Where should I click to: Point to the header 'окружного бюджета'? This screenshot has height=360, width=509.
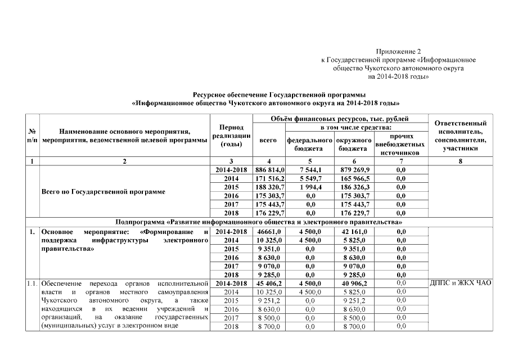point(354,144)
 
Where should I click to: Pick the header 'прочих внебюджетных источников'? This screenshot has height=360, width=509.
point(400,144)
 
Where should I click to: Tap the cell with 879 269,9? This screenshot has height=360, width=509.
point(354,169)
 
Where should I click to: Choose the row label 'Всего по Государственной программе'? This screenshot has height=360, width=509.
point(104,191)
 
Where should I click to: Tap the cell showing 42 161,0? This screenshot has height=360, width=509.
point(354,231)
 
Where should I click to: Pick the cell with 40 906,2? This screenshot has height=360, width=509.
point(354,283)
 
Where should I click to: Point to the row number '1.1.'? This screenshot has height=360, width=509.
point(31,283)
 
